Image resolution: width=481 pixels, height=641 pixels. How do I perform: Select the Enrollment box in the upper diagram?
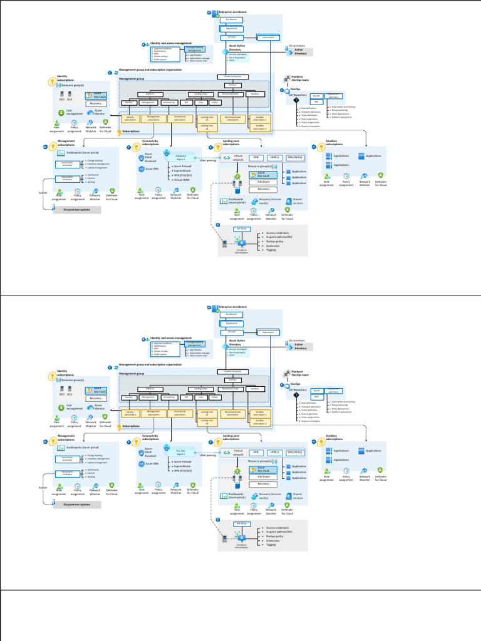click(x=231, y=19)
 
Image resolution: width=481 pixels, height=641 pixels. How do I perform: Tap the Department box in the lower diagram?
click(x=231, y=323)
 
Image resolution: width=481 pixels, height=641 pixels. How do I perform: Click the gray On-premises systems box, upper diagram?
click(x=76, y=210)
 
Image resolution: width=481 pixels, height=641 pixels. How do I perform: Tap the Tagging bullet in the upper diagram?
click(x=271, y=250)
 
